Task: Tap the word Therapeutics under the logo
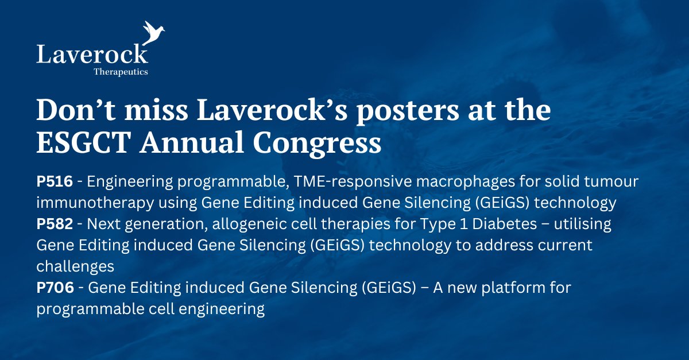(121, 72)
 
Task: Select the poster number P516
(55, 182)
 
